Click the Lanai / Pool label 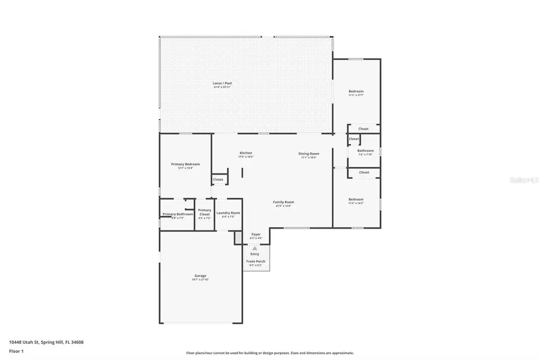click(221, 83)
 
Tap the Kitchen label click(246, 153)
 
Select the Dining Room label click(308, 154)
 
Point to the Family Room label click(283, 202)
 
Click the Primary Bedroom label click(185, 164)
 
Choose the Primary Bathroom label click(178, 214)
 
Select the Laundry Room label click(228, 213)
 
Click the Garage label click(200, 276)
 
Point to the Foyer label click(256, 234)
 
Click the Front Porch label click(256, 262)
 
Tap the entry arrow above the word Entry click(255, 248)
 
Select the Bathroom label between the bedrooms click(365, 151)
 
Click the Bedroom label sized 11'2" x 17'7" click(356, 91)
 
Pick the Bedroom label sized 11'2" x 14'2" click(356, 199)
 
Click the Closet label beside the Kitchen click(218, 179)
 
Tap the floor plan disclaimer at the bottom click(269, 353)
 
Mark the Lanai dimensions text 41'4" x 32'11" click(221, 88)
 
